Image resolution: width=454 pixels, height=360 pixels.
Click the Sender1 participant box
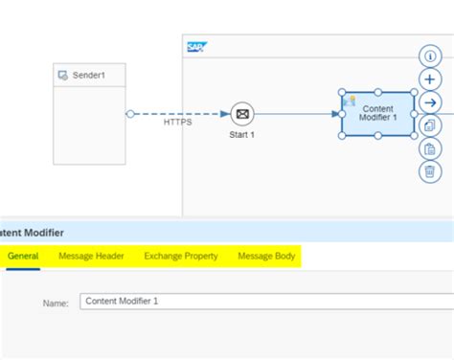(x=89, y=124)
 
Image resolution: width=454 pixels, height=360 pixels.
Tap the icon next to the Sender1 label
(x=63, y=74)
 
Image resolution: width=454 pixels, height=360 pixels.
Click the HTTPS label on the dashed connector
(x=177, y=123)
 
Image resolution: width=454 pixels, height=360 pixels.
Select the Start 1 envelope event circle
(x=242, y=114)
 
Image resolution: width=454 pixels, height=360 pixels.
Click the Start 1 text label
(x=242, y=135)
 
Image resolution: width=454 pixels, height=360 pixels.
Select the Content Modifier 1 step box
(x=378, y=114)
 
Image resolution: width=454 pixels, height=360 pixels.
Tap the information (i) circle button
(x=430, y=56)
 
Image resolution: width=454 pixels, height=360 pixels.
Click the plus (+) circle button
(x=430, y=79)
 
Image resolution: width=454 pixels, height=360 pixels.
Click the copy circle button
(x=430, y=124)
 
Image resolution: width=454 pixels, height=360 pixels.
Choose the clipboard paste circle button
(x=430, y=148)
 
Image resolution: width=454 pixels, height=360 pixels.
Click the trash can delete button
(x=430, y=171)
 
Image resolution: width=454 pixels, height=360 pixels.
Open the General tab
(x=23, y=256)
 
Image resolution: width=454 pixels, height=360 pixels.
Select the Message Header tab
(x=91, y=256)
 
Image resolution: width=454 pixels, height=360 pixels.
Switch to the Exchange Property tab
(x=181, y=256)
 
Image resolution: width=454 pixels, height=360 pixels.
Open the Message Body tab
(x=266, y=256)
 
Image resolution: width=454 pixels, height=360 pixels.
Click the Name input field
(x=259, y=302)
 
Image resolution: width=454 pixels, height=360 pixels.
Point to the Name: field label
(x=56, y=303)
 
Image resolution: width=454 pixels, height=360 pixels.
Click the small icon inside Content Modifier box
(x=350, y=101)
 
